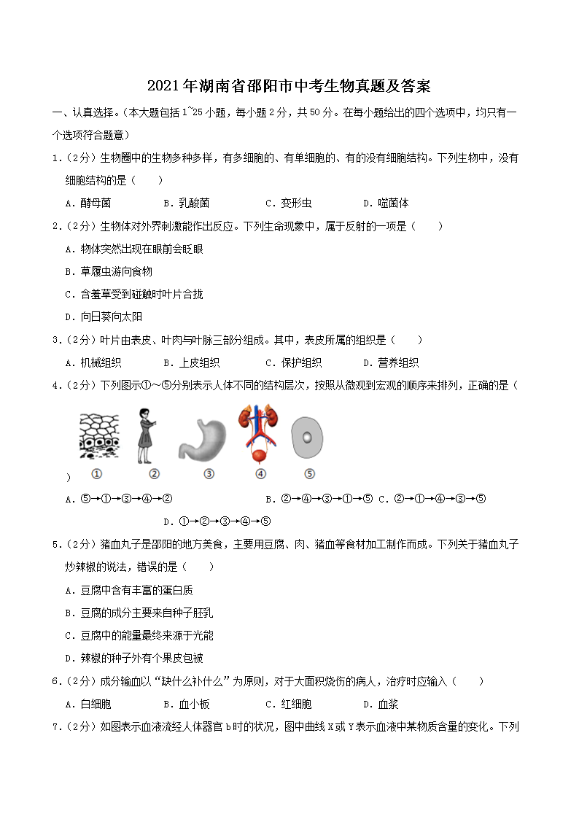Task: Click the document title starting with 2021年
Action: coord(289,86)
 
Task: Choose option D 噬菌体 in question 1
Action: coord(386,203)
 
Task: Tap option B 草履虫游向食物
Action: coord(109,271)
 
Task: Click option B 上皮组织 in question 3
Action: coord(192,362)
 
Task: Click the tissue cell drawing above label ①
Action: coord(98,436)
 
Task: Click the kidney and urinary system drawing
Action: coord(259,435)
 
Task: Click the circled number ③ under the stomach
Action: coord(209,474)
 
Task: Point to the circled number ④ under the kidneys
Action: coord(260,474)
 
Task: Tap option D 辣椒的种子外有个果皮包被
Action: coord(134,658)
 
